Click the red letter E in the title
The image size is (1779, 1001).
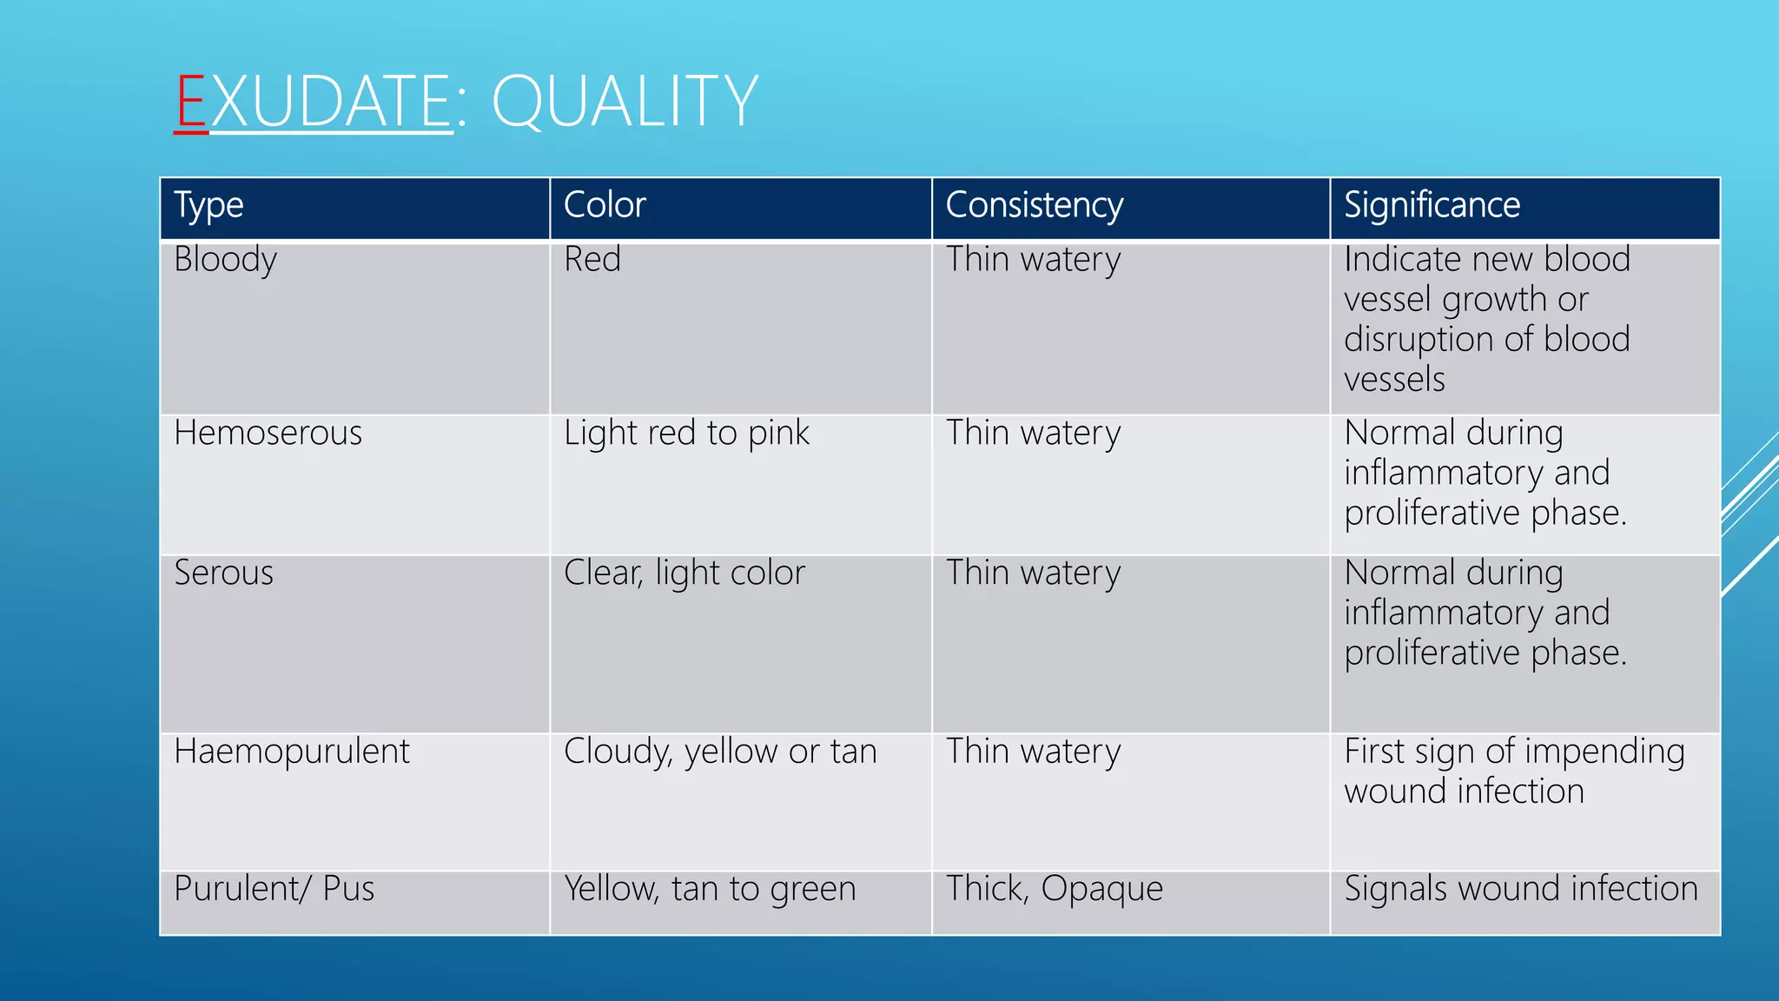point(191,102)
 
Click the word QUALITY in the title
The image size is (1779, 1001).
point(625,102)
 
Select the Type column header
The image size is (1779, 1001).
point(208,206)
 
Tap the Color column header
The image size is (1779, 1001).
point(605,205)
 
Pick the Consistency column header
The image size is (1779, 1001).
point(1034,206)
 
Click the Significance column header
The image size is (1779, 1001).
point(1432,205)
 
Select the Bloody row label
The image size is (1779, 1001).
point(225,260)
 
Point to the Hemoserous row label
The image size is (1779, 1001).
point(268,433)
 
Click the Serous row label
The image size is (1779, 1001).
point(223,573)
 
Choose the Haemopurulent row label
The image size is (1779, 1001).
point(291,752)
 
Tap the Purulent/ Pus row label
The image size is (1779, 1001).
point(274,889)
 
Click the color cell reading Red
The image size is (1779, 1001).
point(592,260)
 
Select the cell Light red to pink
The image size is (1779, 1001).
point(686,433)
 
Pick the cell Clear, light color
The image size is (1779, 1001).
point(684,573)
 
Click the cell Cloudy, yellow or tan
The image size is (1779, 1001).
point(720,752)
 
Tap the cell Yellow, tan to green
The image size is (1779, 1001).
point(710,889)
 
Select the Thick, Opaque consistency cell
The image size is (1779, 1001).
point(1054,889)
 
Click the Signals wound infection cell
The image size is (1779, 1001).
point(1521,889)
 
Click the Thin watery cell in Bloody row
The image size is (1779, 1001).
point(1034,260)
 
